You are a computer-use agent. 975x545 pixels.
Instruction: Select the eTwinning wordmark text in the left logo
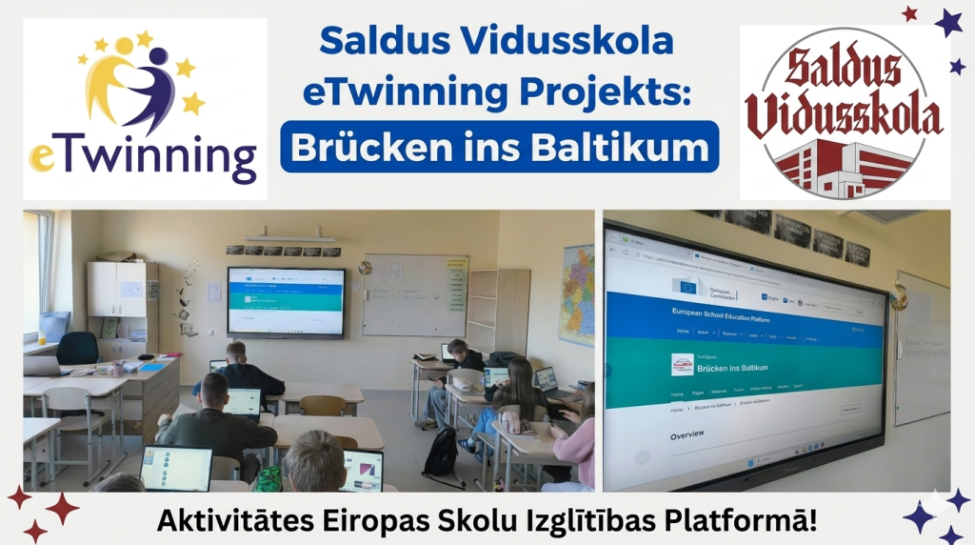(143, 156)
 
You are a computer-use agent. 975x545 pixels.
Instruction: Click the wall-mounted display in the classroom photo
(286, 300)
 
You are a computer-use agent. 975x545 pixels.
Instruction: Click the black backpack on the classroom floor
(440, 452)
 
